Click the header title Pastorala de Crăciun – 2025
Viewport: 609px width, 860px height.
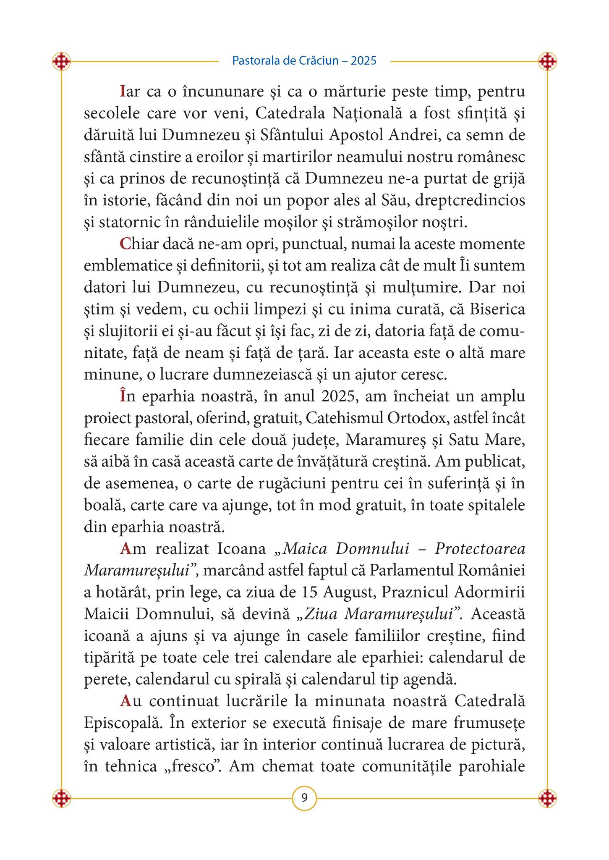(x=304, y=61)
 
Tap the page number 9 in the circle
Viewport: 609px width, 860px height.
(x=304, y=797)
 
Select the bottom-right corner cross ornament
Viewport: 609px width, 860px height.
(x=547, y=797)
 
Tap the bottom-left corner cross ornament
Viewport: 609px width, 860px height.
(x=61, y=797)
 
